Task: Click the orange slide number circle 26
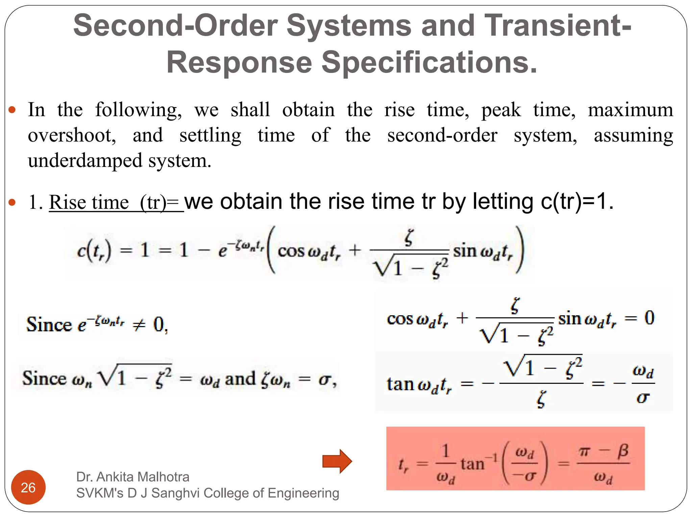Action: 28,487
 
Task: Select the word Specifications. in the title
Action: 429,63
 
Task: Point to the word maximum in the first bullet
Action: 630,110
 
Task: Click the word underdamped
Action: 85,160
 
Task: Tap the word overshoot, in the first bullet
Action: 72,135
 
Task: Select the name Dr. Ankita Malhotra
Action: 133,477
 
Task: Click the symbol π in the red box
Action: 584,451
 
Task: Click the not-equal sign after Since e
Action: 139,325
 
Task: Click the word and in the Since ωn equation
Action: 240,379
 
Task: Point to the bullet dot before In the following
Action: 12,110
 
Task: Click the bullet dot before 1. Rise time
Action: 12,202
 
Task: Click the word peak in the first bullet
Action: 501,110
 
